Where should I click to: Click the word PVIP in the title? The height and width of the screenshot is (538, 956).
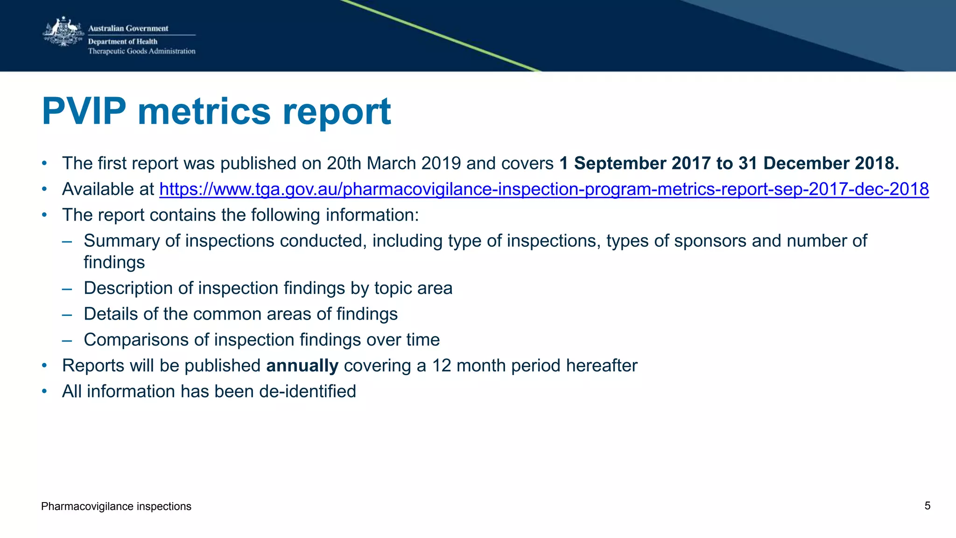tap(84, 112)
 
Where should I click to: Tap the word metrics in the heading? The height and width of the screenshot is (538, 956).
tap(204, 112)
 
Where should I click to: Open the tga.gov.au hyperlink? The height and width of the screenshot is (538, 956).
tap(544, 189)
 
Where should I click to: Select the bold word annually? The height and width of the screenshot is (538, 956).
tap(302, 366)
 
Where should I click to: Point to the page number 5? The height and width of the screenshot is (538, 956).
tap(927, 506)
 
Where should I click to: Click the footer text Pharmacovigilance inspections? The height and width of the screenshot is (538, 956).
tap(116, 506)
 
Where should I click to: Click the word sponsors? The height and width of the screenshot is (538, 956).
tap(710, 241)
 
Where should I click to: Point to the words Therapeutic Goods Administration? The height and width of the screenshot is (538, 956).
tap(141, 51)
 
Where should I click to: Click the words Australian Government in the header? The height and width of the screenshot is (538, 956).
tap(128, 28)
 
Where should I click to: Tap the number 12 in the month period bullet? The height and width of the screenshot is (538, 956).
tap(441, 366)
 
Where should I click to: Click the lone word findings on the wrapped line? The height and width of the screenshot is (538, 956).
tap(114, 263)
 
